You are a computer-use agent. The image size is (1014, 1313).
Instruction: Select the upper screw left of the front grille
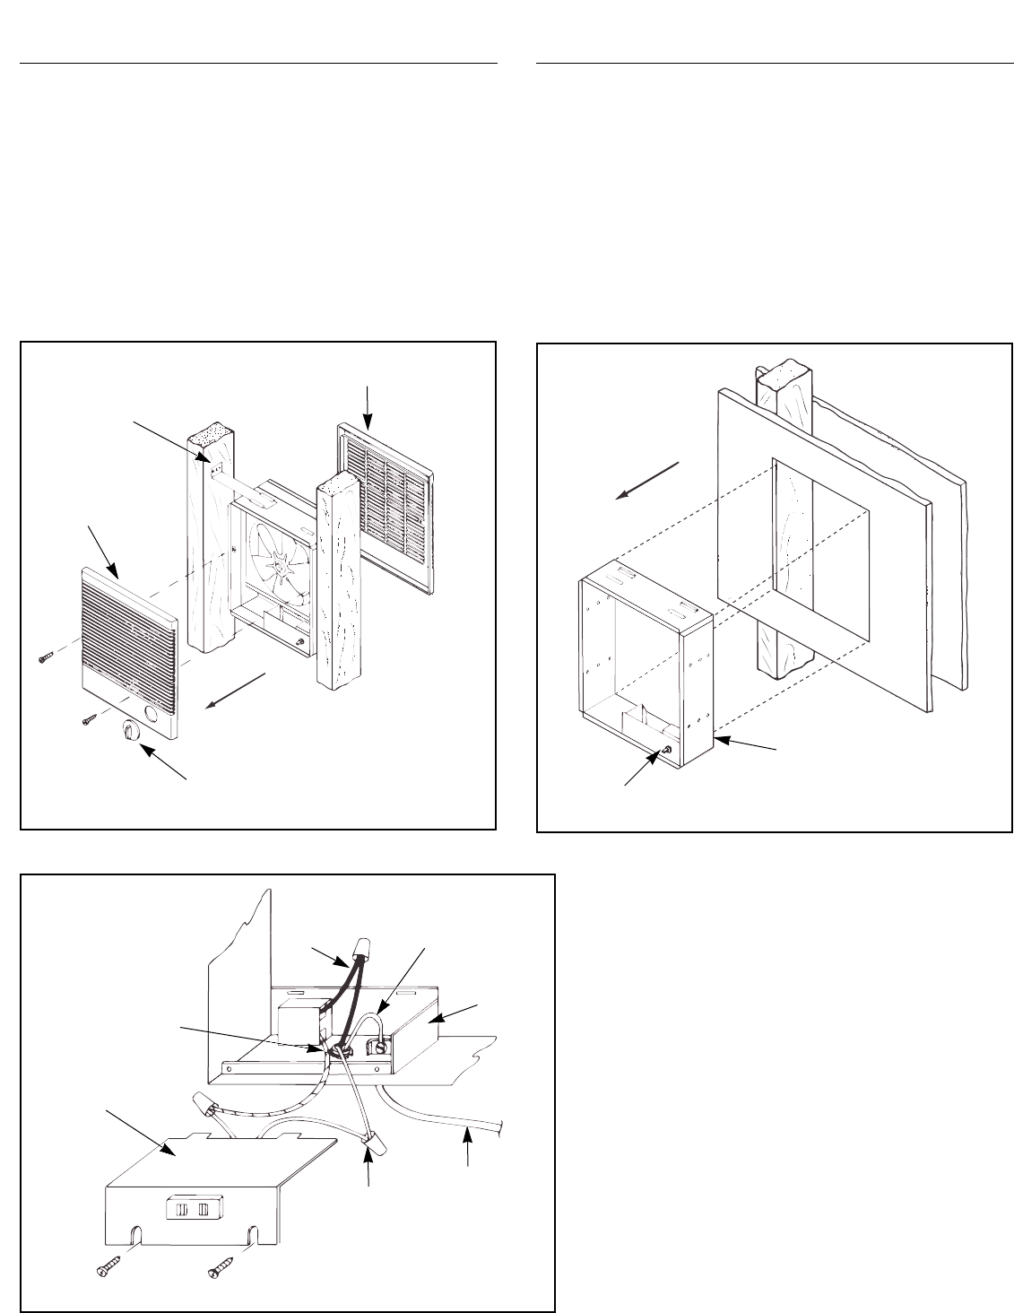(x=46, y=657)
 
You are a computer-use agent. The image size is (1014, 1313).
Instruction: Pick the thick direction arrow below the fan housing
(x=236, y=689)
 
